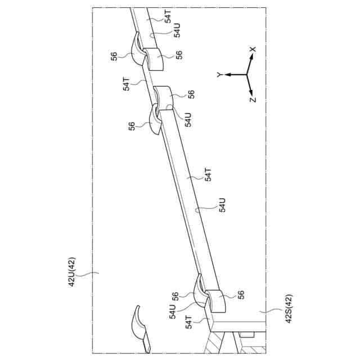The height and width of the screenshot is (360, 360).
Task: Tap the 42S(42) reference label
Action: point(287,309)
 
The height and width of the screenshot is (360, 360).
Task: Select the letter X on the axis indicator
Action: point(253,50)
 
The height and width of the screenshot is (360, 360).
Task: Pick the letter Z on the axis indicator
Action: point(253,100)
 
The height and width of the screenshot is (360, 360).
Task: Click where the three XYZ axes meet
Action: point(246,74)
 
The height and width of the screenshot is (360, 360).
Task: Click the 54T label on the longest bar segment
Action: point(208,175)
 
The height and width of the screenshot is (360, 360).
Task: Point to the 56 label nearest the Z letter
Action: point(191,94)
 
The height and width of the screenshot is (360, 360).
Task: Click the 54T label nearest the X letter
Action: point(168,16)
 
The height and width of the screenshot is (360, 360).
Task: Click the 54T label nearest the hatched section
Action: point(189,321)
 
